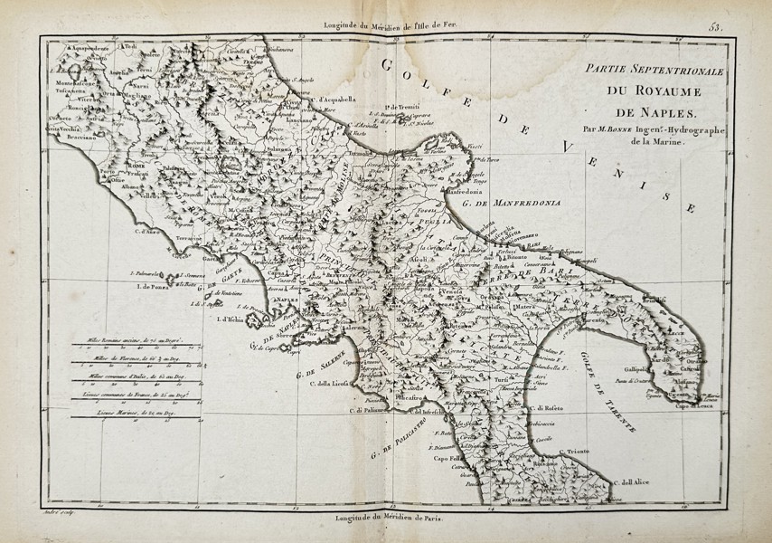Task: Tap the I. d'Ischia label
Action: [230, 319]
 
